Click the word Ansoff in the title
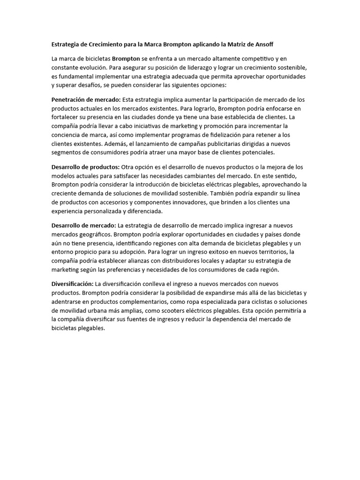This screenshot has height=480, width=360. [x=263, y=45]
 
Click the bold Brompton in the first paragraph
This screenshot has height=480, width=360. [x=126, y=59]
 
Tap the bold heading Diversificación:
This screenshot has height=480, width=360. [x=73, y=284]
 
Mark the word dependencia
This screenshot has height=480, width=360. [x=244, y=320]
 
